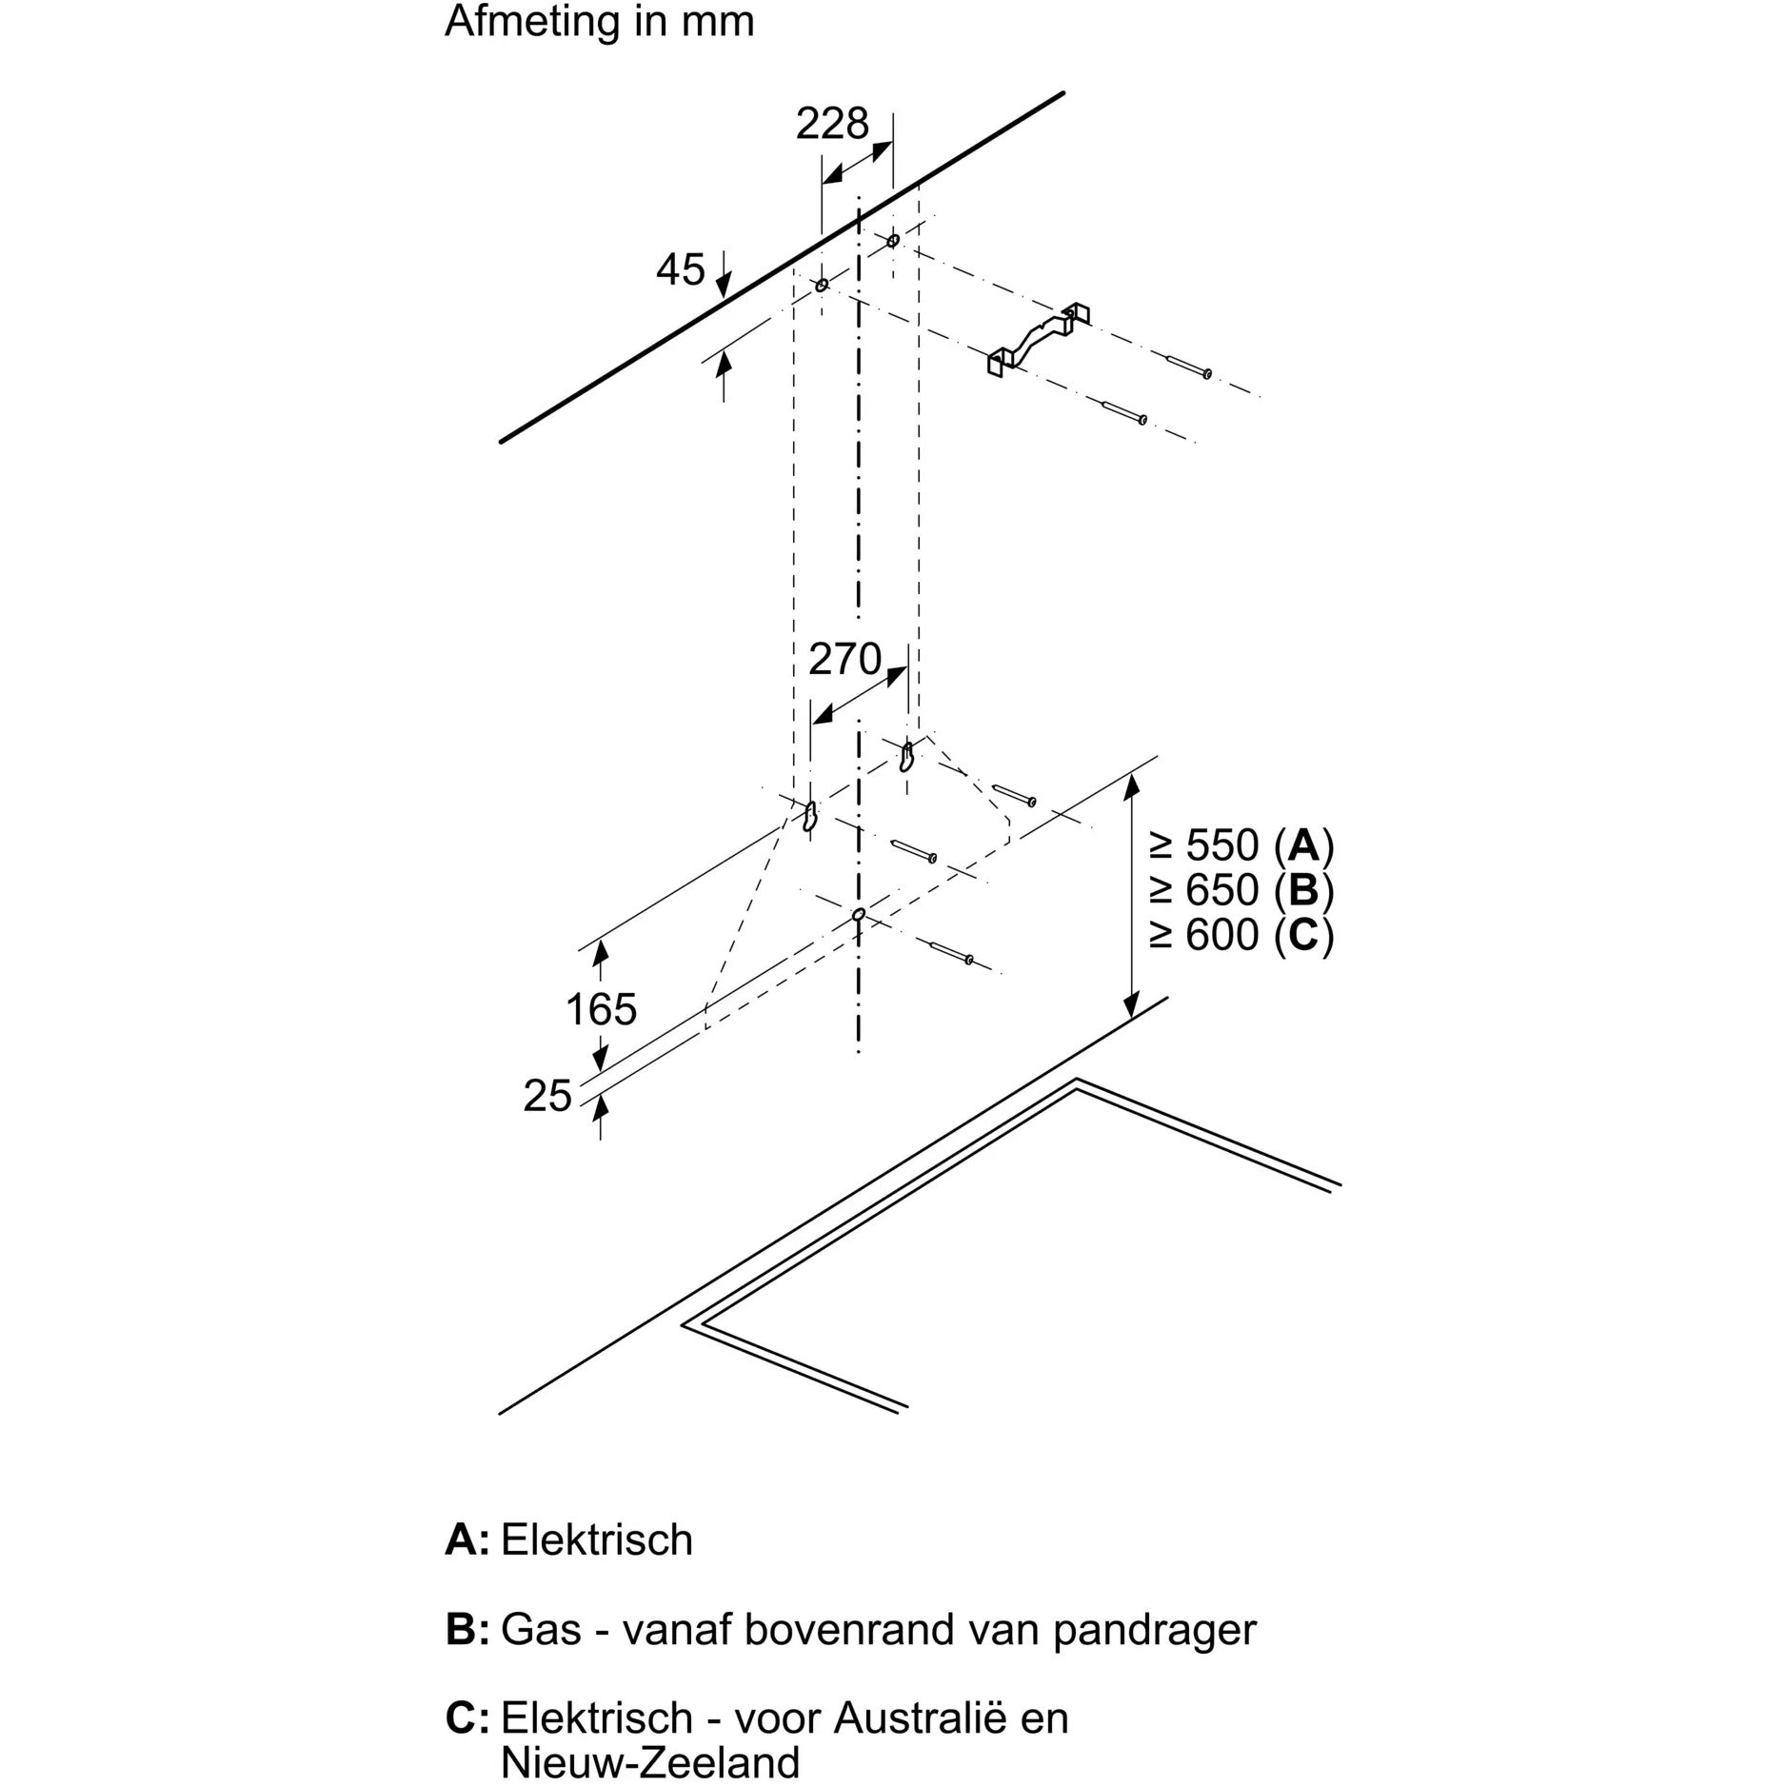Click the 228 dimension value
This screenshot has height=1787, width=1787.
(832, 125)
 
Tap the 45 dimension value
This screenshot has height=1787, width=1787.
(680, 270)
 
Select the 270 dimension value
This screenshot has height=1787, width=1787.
(844, 659)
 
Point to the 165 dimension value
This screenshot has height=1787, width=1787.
(601, 1009)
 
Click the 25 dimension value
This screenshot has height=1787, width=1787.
(547, 1097)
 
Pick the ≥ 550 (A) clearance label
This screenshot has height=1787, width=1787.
(1241, 845)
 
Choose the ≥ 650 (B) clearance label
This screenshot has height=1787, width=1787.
(1241, 890)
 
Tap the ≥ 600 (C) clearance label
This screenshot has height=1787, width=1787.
(1241, 935)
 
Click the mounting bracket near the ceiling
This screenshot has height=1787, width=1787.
(1038, 340)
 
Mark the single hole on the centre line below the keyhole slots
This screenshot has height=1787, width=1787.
(859, 915)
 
